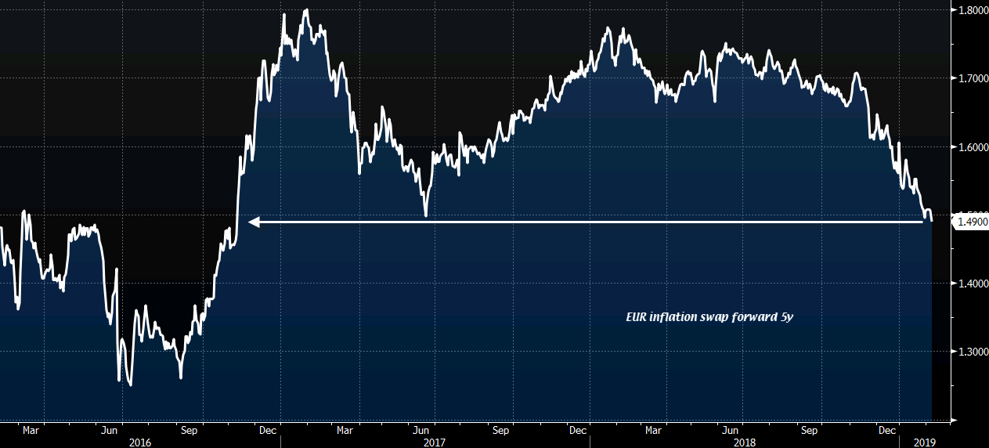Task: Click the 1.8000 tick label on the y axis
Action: [x=969, y=10]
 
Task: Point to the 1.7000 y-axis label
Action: [x=969, y=78]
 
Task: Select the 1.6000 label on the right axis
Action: [x=969, y=147]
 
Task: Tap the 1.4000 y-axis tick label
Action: [x=969, y=284]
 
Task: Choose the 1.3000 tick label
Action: [x=969, y=352]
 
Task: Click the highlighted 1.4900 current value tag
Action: [x=970, y=222]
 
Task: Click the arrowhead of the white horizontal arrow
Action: [x=254, y=222]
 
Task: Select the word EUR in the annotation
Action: [x=636, y=318]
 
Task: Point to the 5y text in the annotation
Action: [x=786, y=318]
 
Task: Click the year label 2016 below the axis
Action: [x=139, y=443]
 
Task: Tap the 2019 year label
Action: [x=926, y=443]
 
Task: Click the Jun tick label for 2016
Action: [x=110, y=430]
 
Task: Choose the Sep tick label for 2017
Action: [x=501, y=430]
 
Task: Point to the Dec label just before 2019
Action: [x=887, y=430]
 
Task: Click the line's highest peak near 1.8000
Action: [x=305, y=10]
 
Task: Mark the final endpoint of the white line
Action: [x=931, y=220]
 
